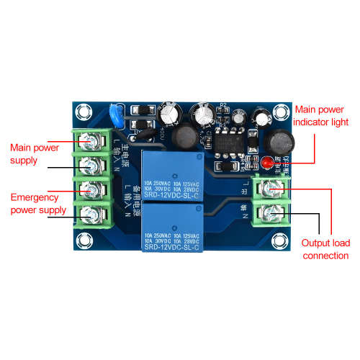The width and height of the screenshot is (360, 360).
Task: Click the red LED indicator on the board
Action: pyautogui.click(x=266, y=163)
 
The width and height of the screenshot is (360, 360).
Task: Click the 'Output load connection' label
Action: pyautogui.click(x=325, y=249)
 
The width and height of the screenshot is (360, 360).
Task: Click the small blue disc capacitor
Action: pyautogui.click(x=114, y=114)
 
